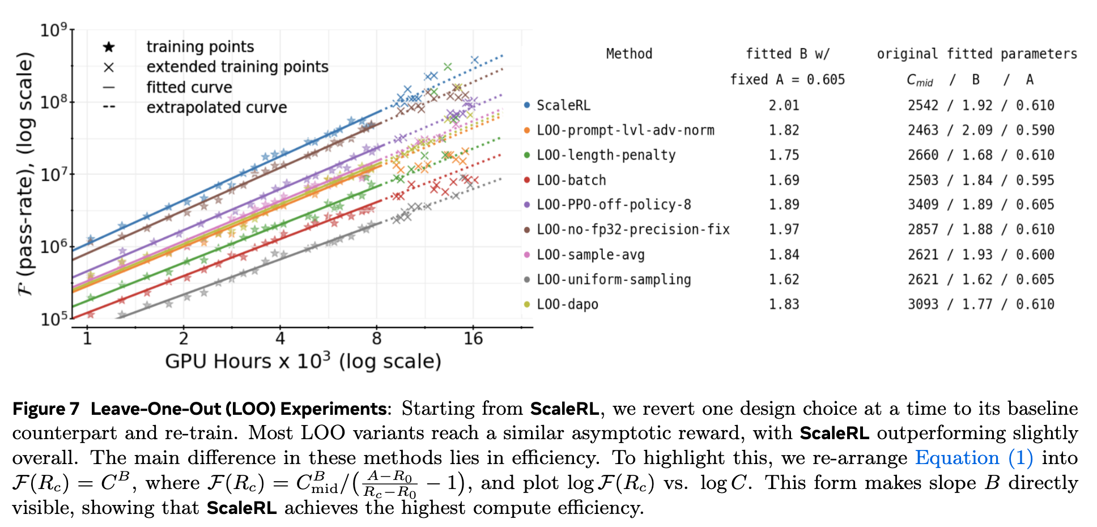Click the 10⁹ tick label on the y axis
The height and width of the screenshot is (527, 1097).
pos(54,30)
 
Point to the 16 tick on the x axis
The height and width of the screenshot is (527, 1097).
pos(473,339)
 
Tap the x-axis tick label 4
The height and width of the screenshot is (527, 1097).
pos(280,339)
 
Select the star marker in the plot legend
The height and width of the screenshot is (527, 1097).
pos(109,46)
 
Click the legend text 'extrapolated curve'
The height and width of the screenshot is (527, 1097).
pos(216,108)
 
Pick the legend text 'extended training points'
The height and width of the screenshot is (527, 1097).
pos(237,67)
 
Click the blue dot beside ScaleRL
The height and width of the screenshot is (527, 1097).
pos(527,105)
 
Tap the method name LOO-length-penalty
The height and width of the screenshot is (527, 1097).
pos(606,155)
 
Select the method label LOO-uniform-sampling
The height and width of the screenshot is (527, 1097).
pos(614,279)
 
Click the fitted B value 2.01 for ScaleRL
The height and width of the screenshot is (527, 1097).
pos(784,105)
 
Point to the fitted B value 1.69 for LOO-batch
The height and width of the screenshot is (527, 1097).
pos(784,180)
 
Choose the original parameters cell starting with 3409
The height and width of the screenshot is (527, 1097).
pos(980,205)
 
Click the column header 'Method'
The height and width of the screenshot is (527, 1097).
pos(629,54)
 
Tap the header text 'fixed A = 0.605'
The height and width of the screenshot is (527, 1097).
pos(787,79)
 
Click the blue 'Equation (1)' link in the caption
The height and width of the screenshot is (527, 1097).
pos(956,458)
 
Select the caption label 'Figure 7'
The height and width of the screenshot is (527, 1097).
pos(46,409)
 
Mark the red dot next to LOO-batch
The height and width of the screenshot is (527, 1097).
pos(527,180)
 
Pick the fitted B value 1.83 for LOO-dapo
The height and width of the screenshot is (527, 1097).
pos(784,304)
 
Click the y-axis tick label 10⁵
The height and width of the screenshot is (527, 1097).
pos(54,319)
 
